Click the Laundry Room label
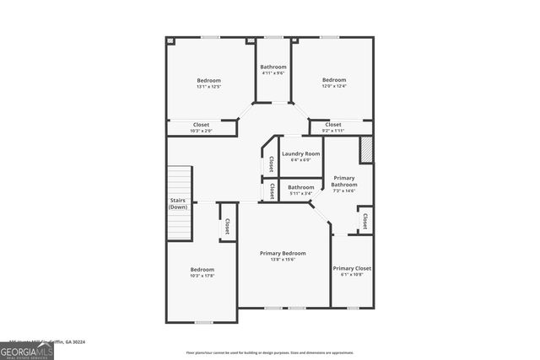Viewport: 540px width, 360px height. [300, 153]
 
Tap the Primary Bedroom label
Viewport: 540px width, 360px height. [283, 253]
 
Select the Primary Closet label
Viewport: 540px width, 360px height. [352, 268]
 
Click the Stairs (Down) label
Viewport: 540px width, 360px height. [178, 203]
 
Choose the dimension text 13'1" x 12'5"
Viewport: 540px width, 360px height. [208, 87]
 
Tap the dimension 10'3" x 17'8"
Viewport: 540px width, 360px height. [202, 276]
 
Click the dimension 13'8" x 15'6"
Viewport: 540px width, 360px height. [283, 260]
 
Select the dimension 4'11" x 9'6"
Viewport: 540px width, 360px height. [273, 73]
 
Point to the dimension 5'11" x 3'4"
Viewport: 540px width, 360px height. [301, 193]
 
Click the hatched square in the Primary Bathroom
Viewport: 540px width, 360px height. [366, 150]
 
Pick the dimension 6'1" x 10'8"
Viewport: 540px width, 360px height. [352, 275]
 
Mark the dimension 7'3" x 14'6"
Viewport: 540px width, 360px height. [344, 191]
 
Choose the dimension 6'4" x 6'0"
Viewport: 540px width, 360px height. [300, 160]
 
